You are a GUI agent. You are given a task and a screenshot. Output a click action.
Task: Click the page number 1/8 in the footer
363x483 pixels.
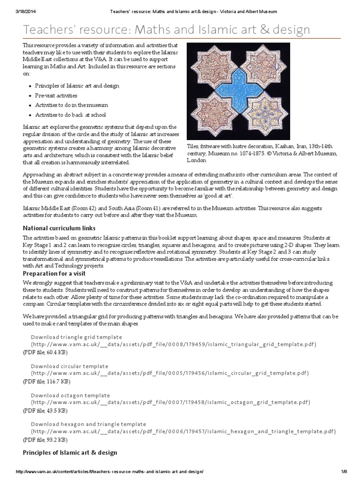344,472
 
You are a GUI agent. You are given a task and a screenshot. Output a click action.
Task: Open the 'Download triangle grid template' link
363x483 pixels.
77,337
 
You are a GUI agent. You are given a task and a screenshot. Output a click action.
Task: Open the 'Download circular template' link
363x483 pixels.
69,366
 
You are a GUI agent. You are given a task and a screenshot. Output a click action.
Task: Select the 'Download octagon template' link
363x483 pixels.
70,395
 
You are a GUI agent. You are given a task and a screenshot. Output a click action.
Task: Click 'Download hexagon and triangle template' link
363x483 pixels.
88,424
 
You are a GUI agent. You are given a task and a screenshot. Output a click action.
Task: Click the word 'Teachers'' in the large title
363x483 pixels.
46,30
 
